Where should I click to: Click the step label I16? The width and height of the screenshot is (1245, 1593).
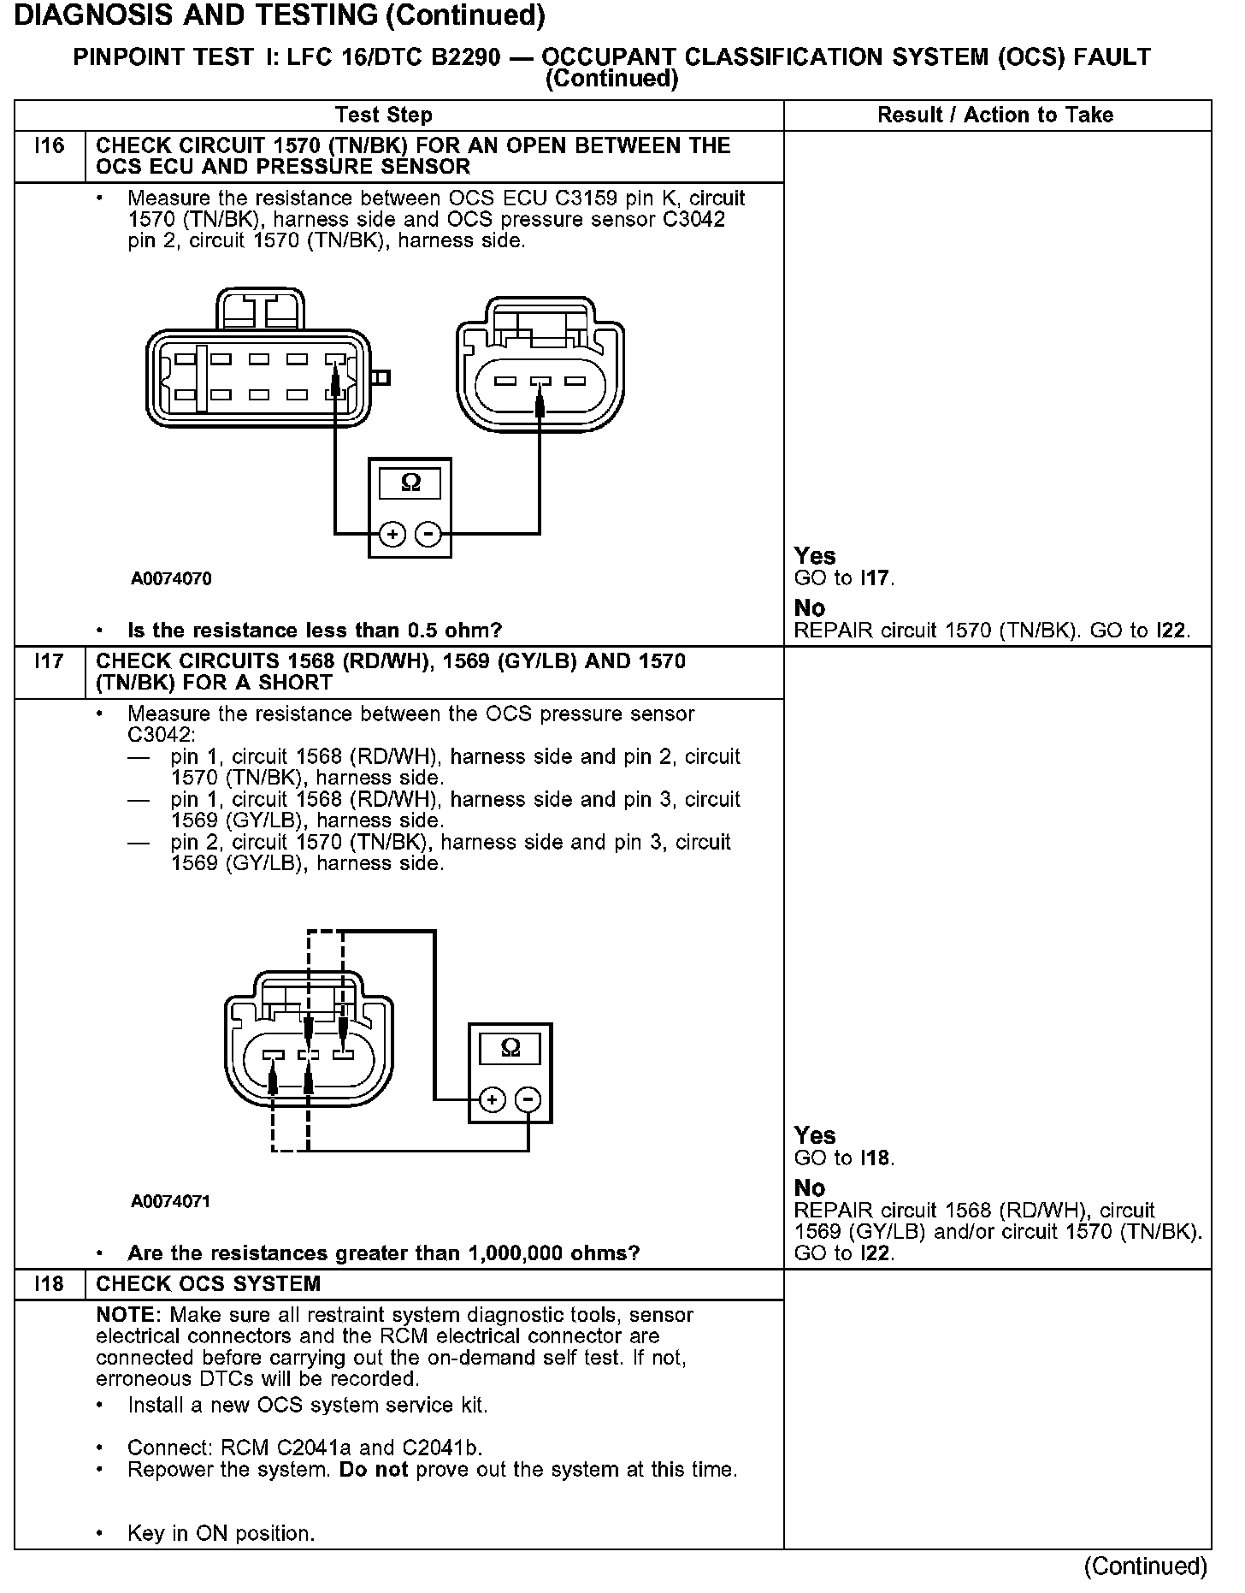[x=50, y=146]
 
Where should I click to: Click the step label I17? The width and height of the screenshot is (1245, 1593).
[x=50, y=661]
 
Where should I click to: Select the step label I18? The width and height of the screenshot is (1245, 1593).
[x=50, y=1284]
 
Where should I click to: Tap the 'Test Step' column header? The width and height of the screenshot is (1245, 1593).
[x=384, y=115]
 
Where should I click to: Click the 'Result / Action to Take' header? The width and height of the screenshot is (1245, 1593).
[x=995, y=115]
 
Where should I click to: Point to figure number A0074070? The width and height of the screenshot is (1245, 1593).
[x=171, y=579]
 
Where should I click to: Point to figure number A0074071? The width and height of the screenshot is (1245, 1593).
[x=171, y=1202]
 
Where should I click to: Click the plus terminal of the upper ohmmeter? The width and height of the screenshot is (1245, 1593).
[x=392, y=536]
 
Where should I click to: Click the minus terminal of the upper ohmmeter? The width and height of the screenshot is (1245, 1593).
[x=428, y=536]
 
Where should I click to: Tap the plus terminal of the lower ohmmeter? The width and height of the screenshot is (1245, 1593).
[x=492, y=1100]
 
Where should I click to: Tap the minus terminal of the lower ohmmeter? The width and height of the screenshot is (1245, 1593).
[x=528, y=1100]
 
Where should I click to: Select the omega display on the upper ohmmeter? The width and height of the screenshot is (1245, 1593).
[x=410, y=483]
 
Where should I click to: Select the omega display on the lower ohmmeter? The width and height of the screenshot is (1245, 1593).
[x=510, y=1048]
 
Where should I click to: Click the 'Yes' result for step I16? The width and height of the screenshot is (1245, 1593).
[x=815, y=556]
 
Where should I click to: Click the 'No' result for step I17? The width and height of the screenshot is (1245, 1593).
[x=810, y=1188]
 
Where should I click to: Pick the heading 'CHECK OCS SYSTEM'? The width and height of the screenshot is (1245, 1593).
[x=209, y=1284]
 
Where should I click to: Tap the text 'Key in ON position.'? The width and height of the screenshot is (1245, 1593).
[x=221, y=1534]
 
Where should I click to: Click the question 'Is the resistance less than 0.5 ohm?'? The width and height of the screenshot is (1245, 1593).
[x=315, y=631]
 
